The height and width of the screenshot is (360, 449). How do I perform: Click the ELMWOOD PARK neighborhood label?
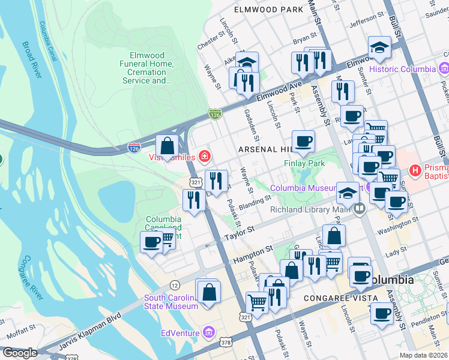coord(268,10)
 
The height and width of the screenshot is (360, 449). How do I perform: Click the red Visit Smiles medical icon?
coord(205,157)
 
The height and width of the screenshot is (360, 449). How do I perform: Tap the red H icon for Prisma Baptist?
coord(414,171)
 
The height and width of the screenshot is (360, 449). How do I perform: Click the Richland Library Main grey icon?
coord(360,209)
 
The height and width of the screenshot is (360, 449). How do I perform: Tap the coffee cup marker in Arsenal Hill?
coord(304,141)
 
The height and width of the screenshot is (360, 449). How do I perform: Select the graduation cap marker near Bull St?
coord(379,47)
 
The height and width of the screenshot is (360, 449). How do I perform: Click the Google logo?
coord(20,352)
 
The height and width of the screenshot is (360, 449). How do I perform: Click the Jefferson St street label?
coord(366,19)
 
